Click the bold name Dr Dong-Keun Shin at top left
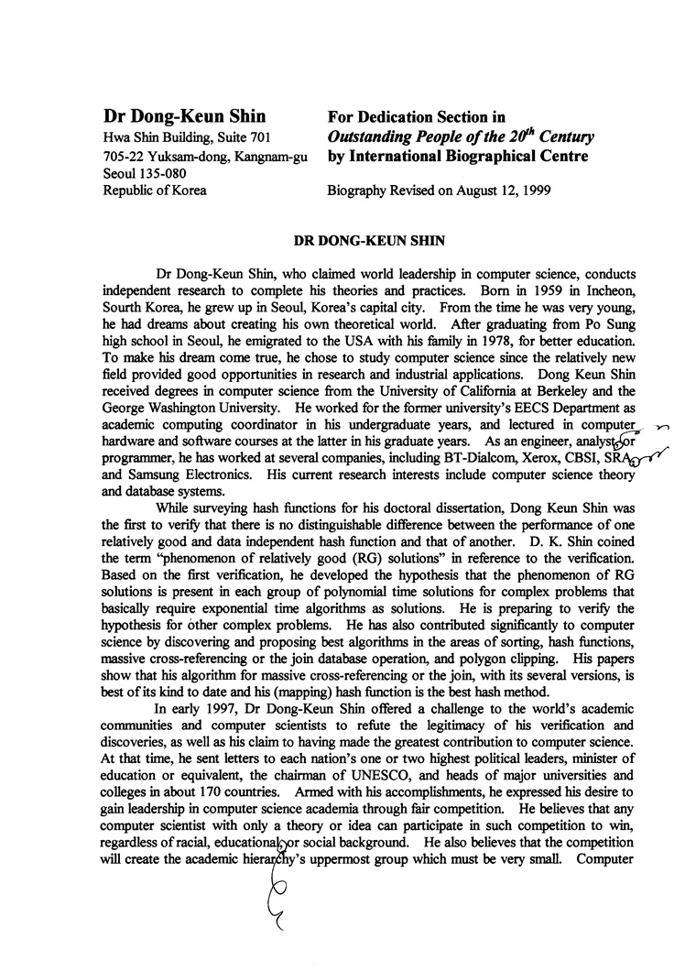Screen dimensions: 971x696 coord(184,116)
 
